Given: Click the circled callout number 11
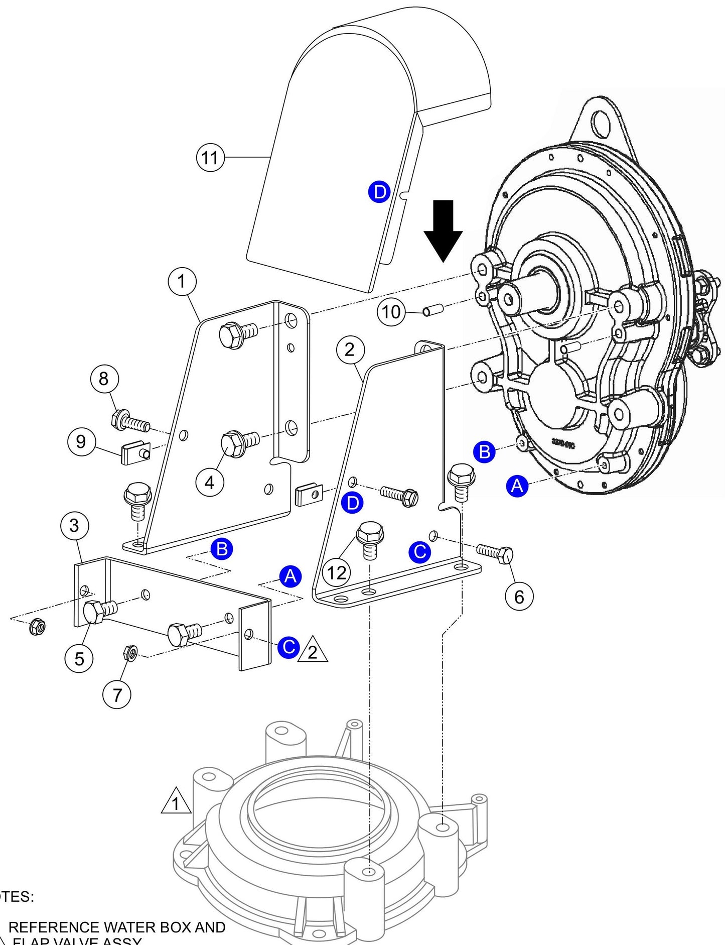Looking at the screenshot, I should tap(210, 158).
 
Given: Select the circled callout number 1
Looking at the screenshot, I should tap(182, 282).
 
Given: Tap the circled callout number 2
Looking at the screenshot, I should tap(350, 349).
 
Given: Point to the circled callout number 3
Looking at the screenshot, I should tap(74, 526).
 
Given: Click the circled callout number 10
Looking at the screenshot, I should tap(391, 312).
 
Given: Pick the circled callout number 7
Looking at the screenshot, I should tap(117, 695).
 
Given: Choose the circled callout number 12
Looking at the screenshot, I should tap(337, 572).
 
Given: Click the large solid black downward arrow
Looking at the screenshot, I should tap(443, 230).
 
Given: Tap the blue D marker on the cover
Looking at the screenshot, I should tap(379, 192).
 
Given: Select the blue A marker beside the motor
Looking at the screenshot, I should tap(517, 486).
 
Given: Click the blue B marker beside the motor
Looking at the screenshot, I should tap(484, 452).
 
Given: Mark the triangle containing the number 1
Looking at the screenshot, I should tap(176, 802).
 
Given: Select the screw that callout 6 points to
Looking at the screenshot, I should tap(494, 553).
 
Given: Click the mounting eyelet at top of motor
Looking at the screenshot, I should tap(600, 121).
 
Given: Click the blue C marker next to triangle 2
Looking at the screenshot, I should tap(289, 646).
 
